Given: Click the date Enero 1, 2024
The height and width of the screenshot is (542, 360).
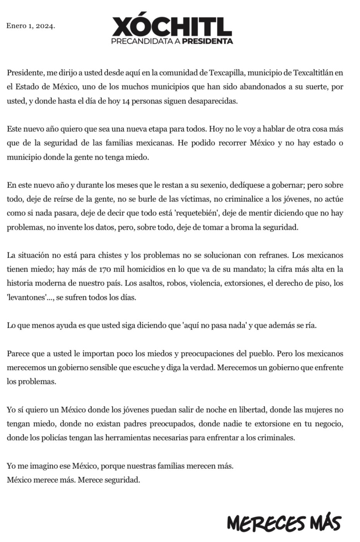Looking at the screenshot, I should coord(31,26).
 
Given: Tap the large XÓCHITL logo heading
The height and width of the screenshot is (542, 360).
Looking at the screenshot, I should coord(172,27).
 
